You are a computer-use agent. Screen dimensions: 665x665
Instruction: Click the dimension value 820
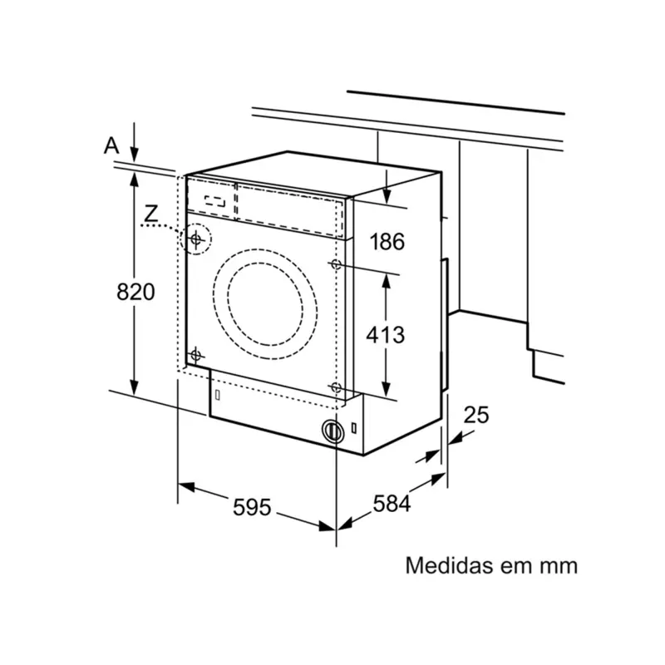[x=135, y=292]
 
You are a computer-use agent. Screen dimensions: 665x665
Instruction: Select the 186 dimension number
[x=387, y=242]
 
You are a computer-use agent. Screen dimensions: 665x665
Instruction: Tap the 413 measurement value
[x=387, y=335]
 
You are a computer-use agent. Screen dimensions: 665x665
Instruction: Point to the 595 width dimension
[x=252, y=506]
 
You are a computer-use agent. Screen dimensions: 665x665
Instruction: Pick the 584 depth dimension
[x=391, y=504]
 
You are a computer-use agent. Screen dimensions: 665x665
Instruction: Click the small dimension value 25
[x=476, y=414]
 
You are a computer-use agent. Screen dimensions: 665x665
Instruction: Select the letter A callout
[x=111, y=145]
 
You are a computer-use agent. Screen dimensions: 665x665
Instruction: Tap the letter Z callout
[x=150, y=214]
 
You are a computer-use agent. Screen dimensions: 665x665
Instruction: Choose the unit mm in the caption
[x=558, y=565]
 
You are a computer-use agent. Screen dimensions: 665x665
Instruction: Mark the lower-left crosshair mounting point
[x=196, y=356]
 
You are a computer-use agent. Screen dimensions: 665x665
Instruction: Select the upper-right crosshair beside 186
[x=336, y=264]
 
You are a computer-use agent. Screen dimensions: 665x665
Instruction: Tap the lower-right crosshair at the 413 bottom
[x=336, y=388]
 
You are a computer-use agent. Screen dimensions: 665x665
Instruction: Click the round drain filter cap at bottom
[x=332, y=431]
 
